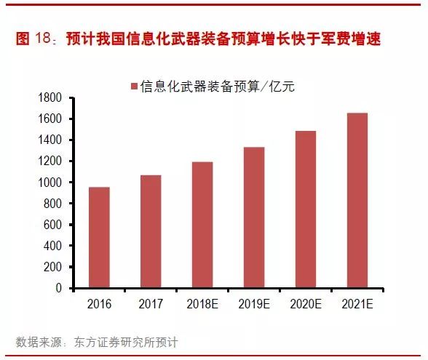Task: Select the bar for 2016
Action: pos(99,238)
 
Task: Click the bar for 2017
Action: pos(151,232)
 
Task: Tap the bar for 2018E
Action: pos(202,225)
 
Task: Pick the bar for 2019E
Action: pos(254,218)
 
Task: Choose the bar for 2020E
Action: pos(306,210)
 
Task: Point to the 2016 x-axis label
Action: pos(99,303)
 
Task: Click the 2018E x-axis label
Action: pos(202,303)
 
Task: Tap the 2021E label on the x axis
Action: pos(357,303)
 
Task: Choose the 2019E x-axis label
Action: pos(254,303)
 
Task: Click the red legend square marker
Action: pos(133,87)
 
